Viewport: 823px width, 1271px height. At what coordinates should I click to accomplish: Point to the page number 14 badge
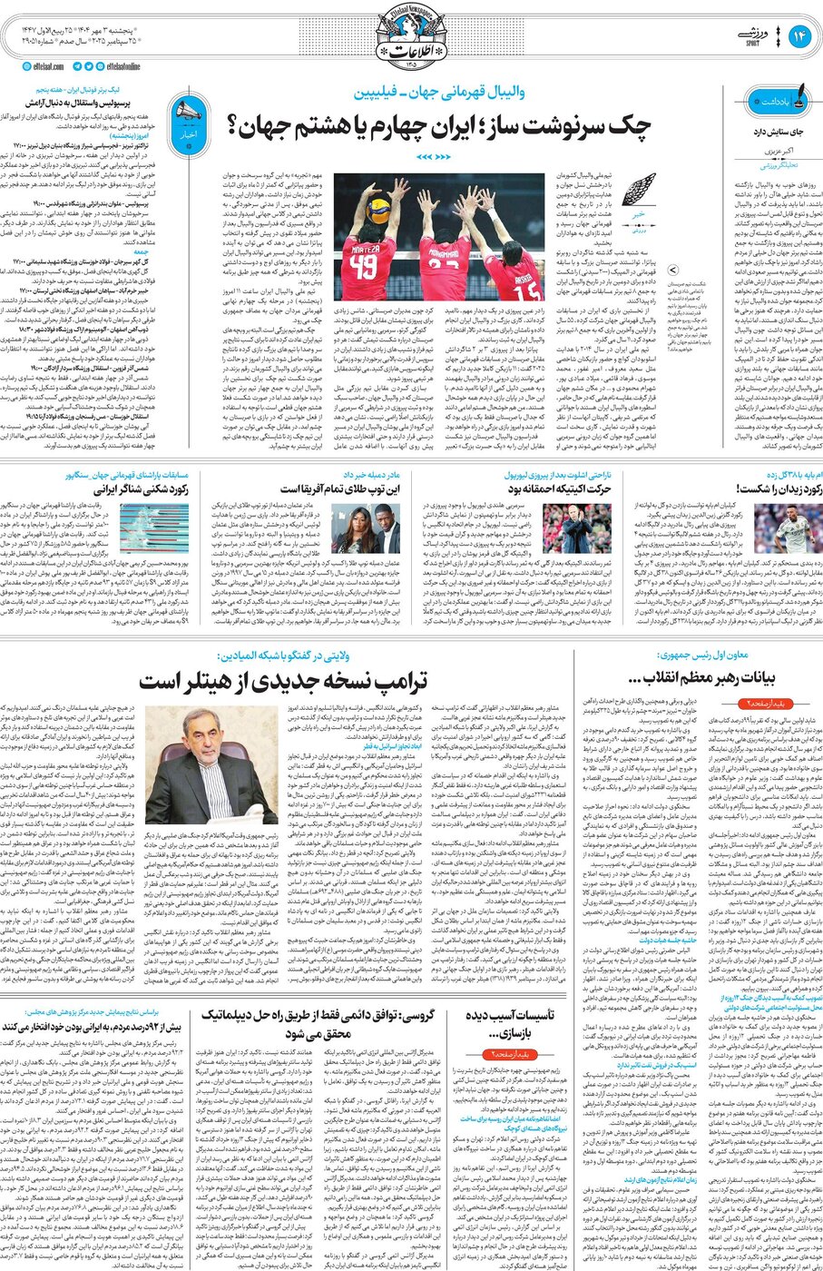coord(799,35)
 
